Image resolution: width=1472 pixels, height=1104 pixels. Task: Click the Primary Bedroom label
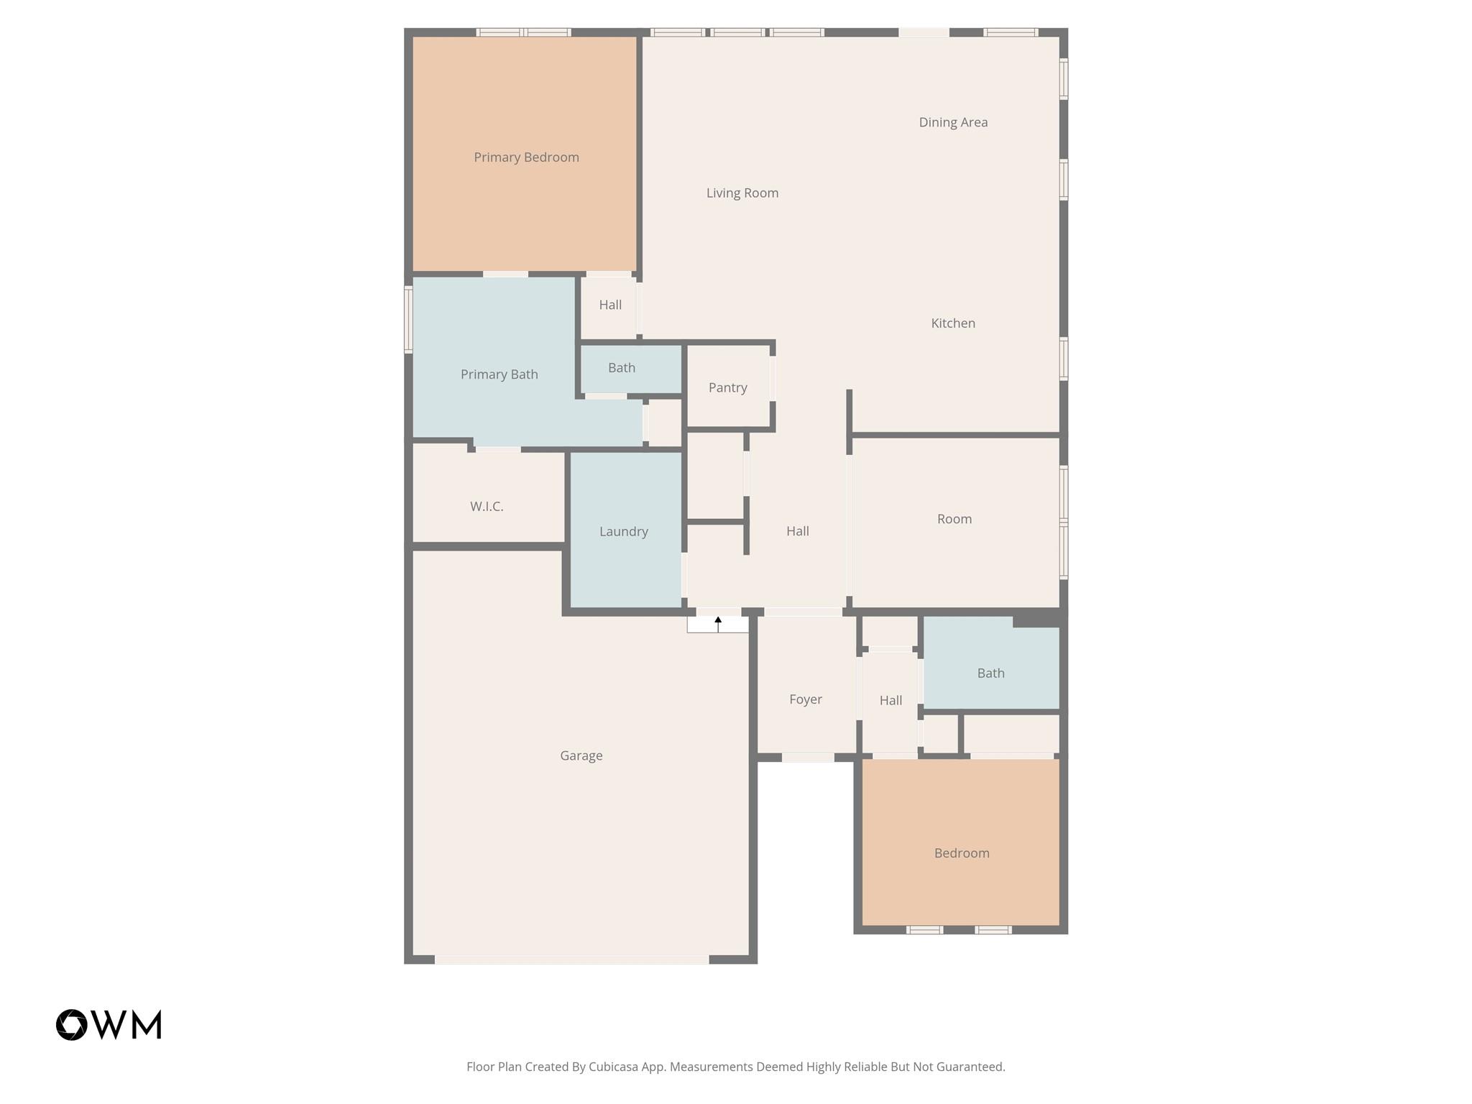[x=526, y=157]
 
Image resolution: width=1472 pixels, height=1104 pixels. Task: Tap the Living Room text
[x=742, y=193]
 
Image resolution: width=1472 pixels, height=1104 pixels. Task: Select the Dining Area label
[x=953, y=122]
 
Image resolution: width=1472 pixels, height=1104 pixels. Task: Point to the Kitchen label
[x=953, y=323]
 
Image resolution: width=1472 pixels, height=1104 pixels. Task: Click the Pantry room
[x=727, y=387]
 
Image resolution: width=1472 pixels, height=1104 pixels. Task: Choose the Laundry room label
[x=623, y=531]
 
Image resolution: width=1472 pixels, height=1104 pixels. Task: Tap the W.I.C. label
[x=487, y=507]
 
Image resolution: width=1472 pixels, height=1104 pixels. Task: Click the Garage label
[x=581, y=755]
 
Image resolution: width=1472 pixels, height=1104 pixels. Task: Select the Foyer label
[x=805, y=699]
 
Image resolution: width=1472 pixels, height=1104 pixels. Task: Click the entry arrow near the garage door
[x=718, y=623]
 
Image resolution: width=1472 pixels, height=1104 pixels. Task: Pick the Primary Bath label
[x=499, y=374]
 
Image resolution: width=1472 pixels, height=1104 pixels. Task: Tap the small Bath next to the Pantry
[x=621, y=368]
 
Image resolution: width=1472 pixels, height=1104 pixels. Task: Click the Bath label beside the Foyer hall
[x=990, y=673]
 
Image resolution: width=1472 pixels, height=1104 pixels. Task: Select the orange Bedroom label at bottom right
[x=962, y=853]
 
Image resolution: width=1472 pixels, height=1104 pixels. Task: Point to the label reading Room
[x=954, y=519]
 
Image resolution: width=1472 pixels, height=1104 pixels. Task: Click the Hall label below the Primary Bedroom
[x=610, y=305]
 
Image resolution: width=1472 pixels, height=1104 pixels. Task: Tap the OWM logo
[x=109, y=1024]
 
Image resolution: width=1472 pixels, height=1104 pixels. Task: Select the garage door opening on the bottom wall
[x=571, y=960]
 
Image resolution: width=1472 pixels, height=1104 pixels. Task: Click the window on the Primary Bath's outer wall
[x=408, y=319]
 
